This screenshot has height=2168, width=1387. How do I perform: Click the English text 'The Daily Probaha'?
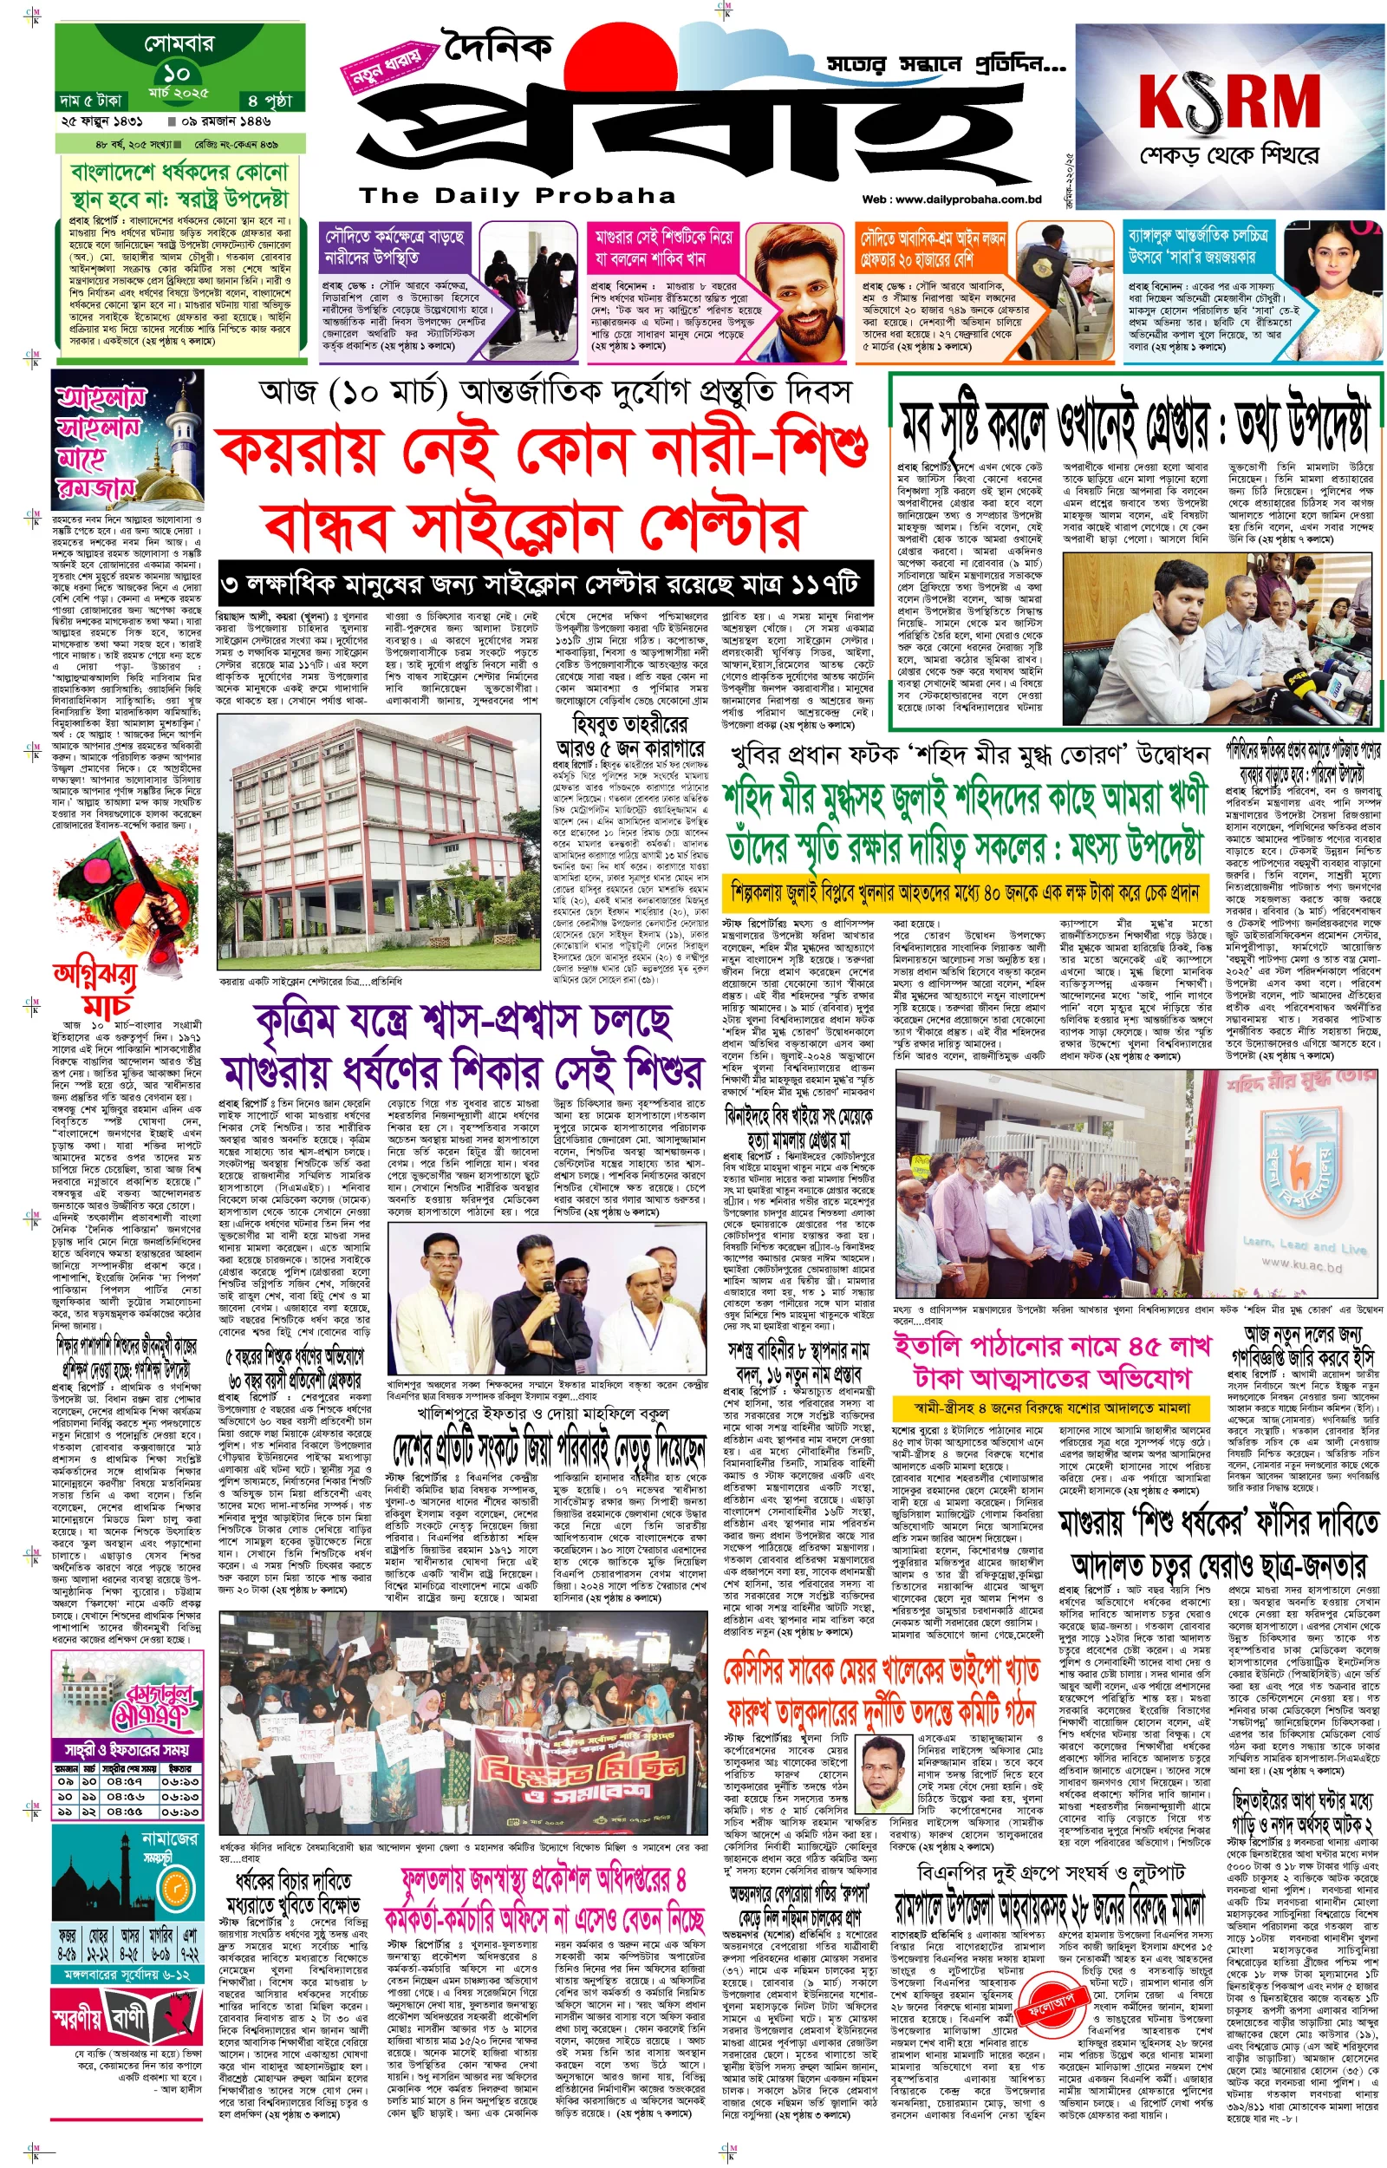pyautogui.click(x=517, y=196)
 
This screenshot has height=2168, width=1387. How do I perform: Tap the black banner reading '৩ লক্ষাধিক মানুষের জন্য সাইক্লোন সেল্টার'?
pyautogui.click(x=546, y=585)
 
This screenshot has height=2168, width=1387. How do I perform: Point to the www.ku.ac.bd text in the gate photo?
pyautogui.click(x=1300, y=1265)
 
